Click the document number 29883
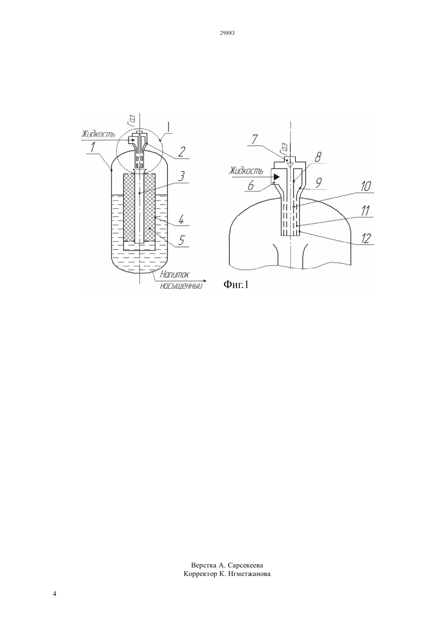click(227, 33)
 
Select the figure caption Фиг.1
click(236, 285)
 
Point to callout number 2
click(181, 152)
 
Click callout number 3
click(181, 177)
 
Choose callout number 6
click(251, 186)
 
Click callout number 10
click(366, 186)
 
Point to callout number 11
click(365, 211)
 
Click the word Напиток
click(174, 274)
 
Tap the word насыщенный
click(181, 286)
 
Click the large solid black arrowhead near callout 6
click(277, 177)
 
